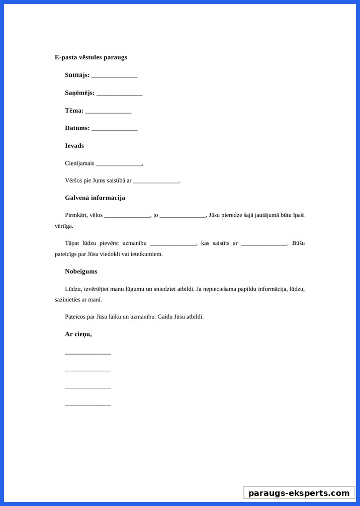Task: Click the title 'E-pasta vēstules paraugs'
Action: (x=91, y=57)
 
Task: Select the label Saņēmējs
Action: (x=79, y=93)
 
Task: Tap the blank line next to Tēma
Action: (x=108, y=111)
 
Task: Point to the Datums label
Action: (x=77, y=128)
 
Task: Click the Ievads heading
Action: (x=74, y=146)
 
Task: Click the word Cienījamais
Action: (x=79, y=163)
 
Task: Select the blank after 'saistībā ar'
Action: (x=156, y=181)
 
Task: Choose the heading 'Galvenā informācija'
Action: (x=95, y=198)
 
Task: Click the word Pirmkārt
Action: (x=76, y=215)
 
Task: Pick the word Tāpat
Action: (x=73, y=243)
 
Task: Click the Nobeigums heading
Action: (x=81, y=272)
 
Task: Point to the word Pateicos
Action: (x=76, y=317)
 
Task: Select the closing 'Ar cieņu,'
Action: (x=78, y=334)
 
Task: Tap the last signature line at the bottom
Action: (x=88, y=404)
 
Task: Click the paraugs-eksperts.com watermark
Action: (x=299, y=493)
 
